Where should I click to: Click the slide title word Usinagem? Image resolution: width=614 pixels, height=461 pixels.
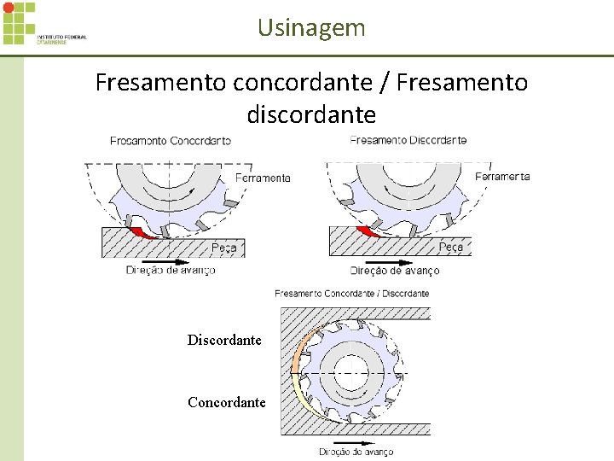click(x=311, y=27)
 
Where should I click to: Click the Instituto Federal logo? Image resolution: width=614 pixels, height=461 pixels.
click(x=44, y=24)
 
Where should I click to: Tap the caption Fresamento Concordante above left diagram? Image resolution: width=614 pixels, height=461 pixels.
click(x=171, y=140)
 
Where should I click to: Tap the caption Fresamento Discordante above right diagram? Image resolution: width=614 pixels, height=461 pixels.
click(x=408, y=139)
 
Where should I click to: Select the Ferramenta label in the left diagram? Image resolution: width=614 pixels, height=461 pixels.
click(x=263, y=178)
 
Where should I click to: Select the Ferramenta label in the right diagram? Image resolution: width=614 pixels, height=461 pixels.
click(x=502, y=177)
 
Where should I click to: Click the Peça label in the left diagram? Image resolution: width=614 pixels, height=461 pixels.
click(x=224, y=248)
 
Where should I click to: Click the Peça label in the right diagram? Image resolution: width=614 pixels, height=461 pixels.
click(x=451, y=247)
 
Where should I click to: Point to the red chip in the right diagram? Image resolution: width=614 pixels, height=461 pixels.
click(x=368, y=232)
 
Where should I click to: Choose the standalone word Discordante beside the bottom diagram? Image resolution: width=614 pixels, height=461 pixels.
click(x=224, y=340)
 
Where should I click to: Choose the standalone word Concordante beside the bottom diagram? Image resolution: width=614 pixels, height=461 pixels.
click(x=226, y=402)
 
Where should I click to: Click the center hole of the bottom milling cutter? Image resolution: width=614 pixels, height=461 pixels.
click(x=350, y=373)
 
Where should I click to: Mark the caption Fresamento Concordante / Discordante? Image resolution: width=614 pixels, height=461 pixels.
click(x=352, y=294)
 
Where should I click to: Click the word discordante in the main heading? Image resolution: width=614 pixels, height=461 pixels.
click(x=311, y=114)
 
